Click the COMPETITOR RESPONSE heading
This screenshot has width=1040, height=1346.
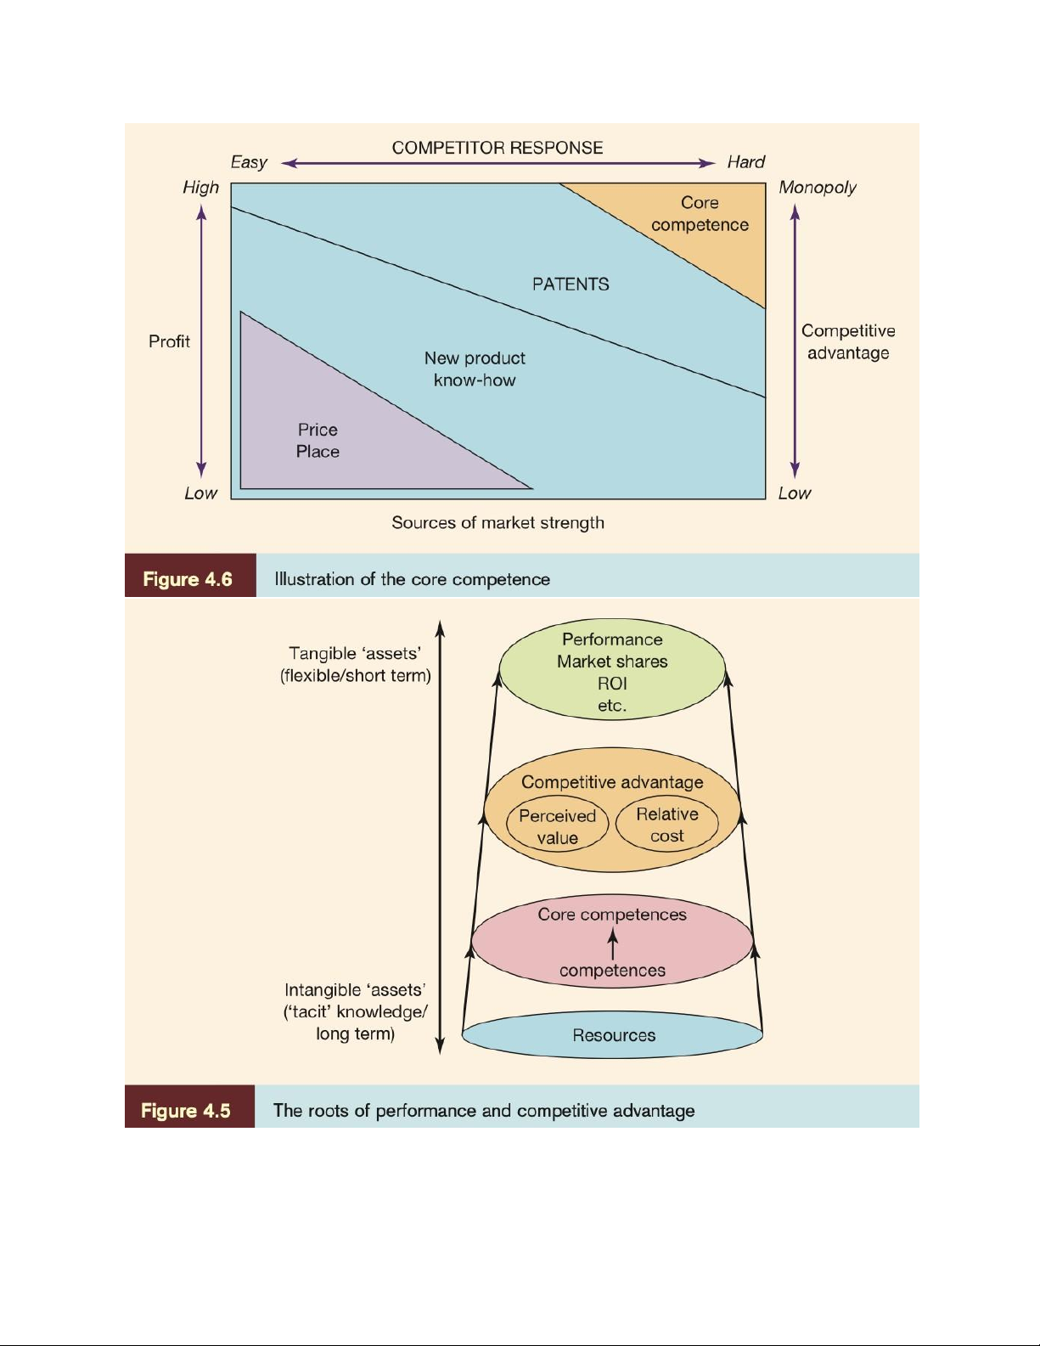click(498, 148)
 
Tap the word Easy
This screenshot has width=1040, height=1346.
click(249, 162)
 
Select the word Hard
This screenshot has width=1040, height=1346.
click(745, 162)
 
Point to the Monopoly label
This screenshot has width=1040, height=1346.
click(818, 188)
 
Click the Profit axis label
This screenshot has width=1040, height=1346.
click(169, 341)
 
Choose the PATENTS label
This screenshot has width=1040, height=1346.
click(571, 284)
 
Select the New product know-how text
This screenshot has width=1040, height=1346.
click(475, 369)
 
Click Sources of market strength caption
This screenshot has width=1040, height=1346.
click(498, 523)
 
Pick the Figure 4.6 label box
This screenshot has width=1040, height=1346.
click(189, 579)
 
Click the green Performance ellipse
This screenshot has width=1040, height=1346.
click(612, 671)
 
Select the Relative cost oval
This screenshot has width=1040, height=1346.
click(667, 825)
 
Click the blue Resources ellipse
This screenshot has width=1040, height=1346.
click(613, 1035)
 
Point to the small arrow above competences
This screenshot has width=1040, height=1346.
click(613, 943)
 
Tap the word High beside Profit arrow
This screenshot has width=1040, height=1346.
click(200, 188)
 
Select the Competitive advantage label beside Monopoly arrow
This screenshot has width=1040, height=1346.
click(848, 342)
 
